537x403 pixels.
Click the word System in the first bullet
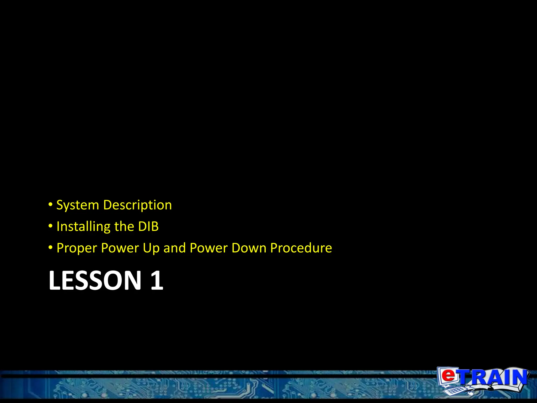click(78, 205)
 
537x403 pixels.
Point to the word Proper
click(77, 248)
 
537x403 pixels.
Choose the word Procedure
click(301, 248)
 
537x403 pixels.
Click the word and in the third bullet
click(175, 248)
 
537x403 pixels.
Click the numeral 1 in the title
click(157, 280)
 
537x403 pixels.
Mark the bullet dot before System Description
click(51, 204)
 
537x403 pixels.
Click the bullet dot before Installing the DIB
click(51, 226)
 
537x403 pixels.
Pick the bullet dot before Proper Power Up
click(51, 247)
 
